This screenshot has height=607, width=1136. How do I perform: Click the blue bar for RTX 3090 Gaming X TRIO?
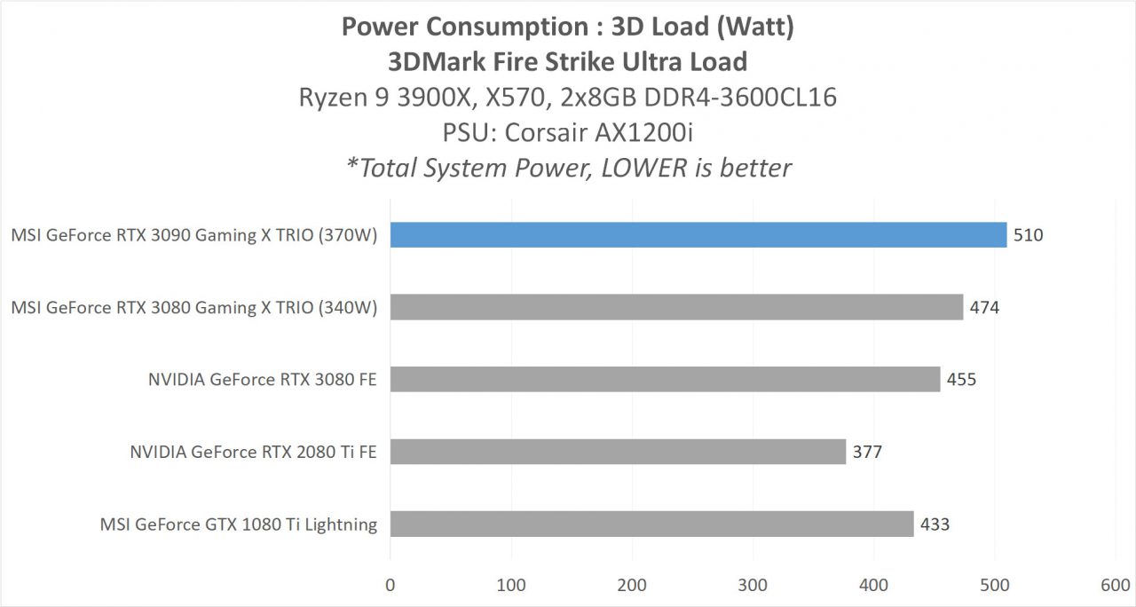pyautogui.click(x=698, y=235)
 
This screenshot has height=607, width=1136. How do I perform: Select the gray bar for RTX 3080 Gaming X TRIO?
pyautogui.click(x=676, y=307)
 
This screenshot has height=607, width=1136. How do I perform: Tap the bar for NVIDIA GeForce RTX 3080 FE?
pyautogui.click(x=665, y=380)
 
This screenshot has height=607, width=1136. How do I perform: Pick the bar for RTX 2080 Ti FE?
pyautogui.click(x=618, y=452)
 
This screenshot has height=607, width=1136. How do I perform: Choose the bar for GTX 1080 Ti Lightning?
pyautogui.click(x=651, y=524)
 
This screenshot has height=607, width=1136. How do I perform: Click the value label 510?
pyautogui.click(x=1029, y=235)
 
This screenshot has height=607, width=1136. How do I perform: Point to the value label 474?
pyautogui.click(x=985, y=307)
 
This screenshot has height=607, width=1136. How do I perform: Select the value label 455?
pyautogui.click(x=961, y=380)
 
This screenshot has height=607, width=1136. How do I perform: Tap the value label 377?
pyautogui.click(x=867, y=452)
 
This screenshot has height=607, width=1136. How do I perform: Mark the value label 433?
pyautogui.click(x=935, y=524)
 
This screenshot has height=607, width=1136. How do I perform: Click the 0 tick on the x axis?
pyautogui.click(x=390, y=585)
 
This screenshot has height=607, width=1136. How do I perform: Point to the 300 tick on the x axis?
pyautogui.click(x=753, y=585)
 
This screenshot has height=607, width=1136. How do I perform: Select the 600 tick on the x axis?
pyautogui.click(x=1115, y=585)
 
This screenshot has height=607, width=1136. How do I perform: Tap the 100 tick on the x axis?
pyautogui.click(x=511, y=585)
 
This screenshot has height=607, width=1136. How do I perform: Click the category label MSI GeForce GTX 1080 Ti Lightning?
pyautogui.click(x=239, y=524)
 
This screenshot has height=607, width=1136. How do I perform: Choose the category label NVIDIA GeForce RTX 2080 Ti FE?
pyautogui.click(x=253, y=452)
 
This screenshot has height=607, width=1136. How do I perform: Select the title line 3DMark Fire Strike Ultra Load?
pyautogui.click(x=568, y=61)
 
